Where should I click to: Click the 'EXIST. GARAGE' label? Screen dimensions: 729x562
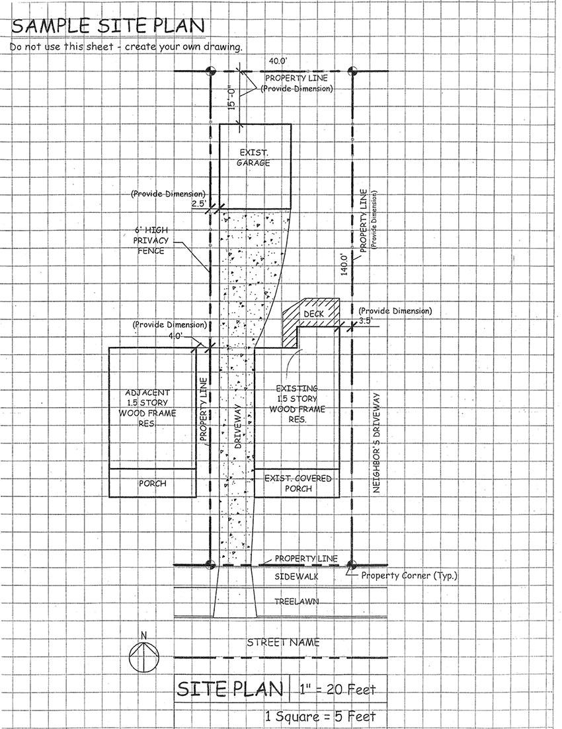click(x=255, y=157)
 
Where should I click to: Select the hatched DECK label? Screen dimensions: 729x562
click(x=313, y=314)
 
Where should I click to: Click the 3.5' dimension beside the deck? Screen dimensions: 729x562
click(x=366, y=321)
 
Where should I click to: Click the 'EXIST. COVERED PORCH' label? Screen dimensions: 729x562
click(x=297, y=483)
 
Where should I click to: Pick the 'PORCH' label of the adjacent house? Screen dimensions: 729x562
click(x=152, y=483)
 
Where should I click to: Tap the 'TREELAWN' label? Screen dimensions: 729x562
click(x=296, y=602)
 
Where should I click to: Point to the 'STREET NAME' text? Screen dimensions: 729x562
click(x=283, y=642)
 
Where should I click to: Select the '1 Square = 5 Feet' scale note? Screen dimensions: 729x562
click(x=320, y=716)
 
